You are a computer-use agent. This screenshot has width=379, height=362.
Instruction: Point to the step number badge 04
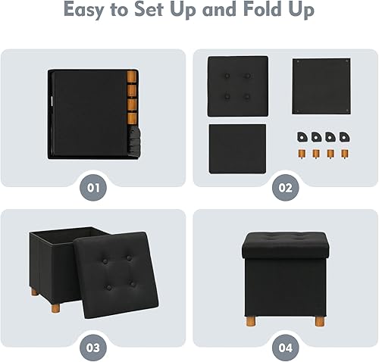coord(284,347)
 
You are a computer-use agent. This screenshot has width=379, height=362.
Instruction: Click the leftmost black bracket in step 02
coord(301,137)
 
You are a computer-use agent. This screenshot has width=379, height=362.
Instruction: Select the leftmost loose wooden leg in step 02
coord(301,154)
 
